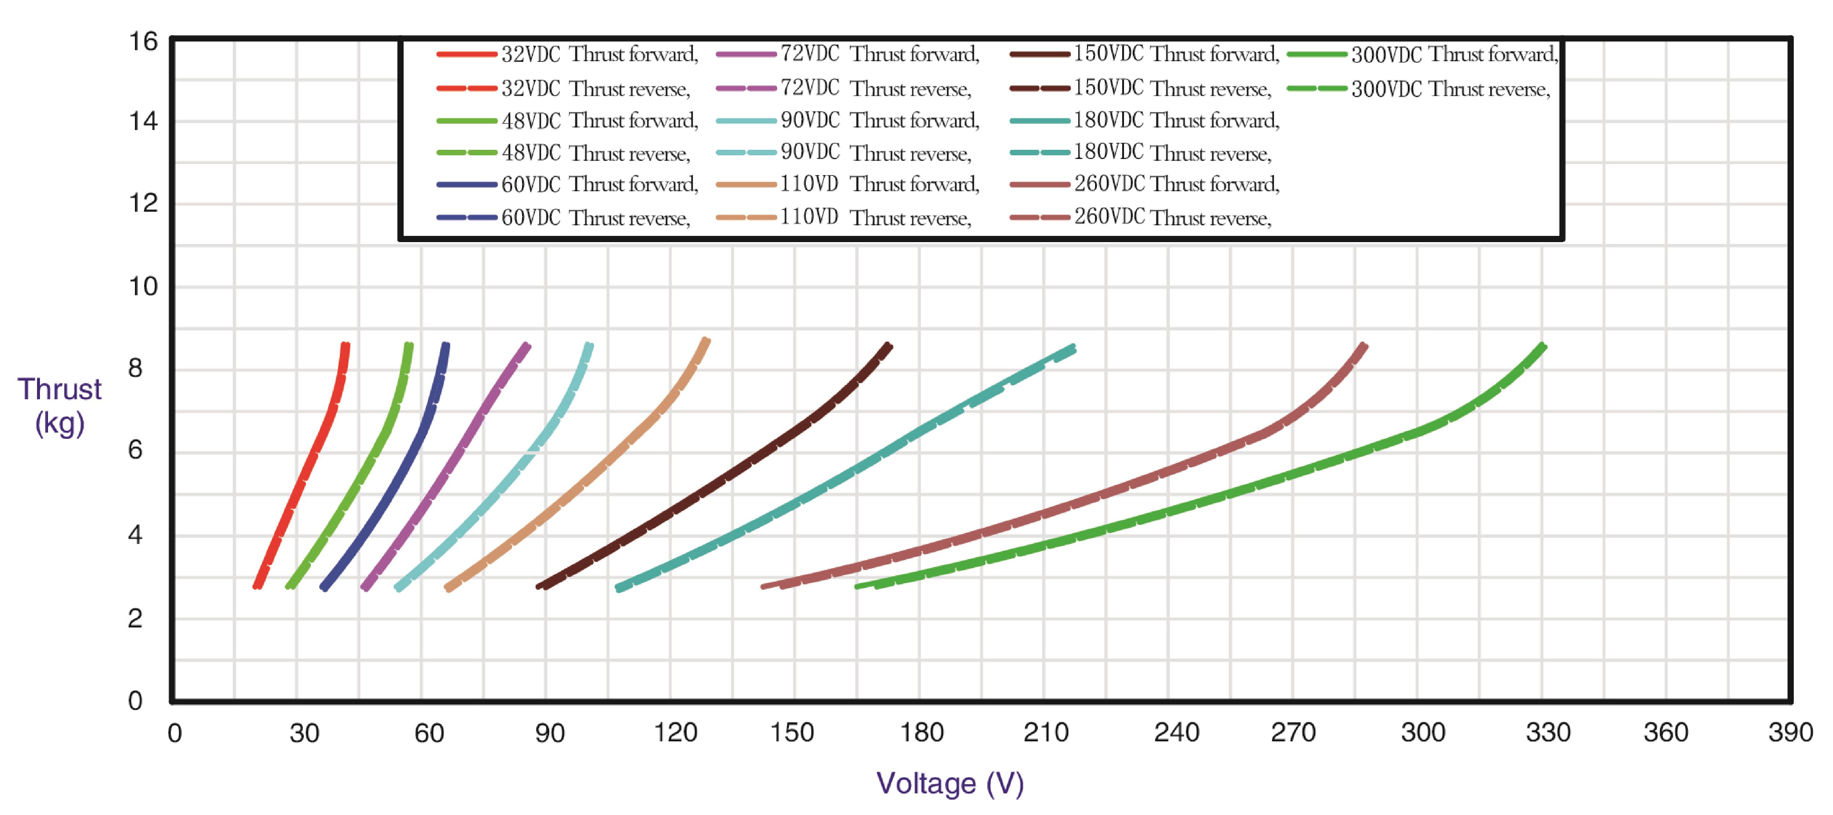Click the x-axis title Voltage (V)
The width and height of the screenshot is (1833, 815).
coord(950,783)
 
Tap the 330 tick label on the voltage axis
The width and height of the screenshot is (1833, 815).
coord(1548,733)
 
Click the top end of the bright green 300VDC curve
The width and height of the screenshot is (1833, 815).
coord(1543,347)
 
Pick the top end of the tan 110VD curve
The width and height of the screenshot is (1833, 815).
coord(705,341)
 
